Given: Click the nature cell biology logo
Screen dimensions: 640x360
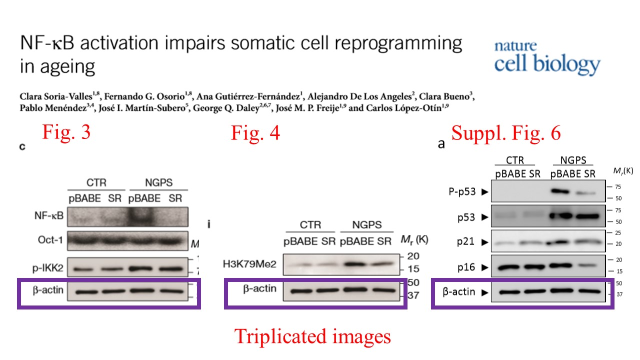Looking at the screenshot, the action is tap(547, 58).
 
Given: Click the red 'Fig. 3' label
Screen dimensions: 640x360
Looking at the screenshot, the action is tap(66, 132).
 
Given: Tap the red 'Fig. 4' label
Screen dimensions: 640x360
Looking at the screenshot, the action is tap(255, 133).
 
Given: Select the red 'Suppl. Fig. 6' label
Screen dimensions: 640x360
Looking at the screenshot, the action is tap(506, 133).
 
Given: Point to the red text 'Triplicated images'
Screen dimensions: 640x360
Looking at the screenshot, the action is tap(312, 336).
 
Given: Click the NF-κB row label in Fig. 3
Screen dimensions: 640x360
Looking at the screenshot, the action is tap(49, 215).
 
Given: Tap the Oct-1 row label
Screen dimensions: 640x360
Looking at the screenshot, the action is tap(50, 239).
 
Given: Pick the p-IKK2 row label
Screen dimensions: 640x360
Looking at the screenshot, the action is tap(47, 268).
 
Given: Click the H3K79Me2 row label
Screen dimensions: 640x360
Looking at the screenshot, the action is tap(249, 264).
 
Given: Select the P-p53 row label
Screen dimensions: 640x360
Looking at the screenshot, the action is tap(462, 191).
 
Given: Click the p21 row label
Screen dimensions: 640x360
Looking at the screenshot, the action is tap(465, 241).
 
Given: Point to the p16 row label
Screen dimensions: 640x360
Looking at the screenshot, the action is tap(466, 267).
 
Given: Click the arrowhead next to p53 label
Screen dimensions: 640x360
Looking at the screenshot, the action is tap(484, 217).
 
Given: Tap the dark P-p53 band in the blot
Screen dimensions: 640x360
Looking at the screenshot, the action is tap(560, 191).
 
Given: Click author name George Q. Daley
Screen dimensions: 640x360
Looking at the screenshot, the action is tap(226, 108).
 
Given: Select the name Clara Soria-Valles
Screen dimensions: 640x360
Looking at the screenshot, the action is tap(56, 96).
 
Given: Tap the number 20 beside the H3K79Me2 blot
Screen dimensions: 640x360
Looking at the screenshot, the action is tap(413, 256).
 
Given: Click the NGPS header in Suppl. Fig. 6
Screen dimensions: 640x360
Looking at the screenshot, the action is tap(573, 160).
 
